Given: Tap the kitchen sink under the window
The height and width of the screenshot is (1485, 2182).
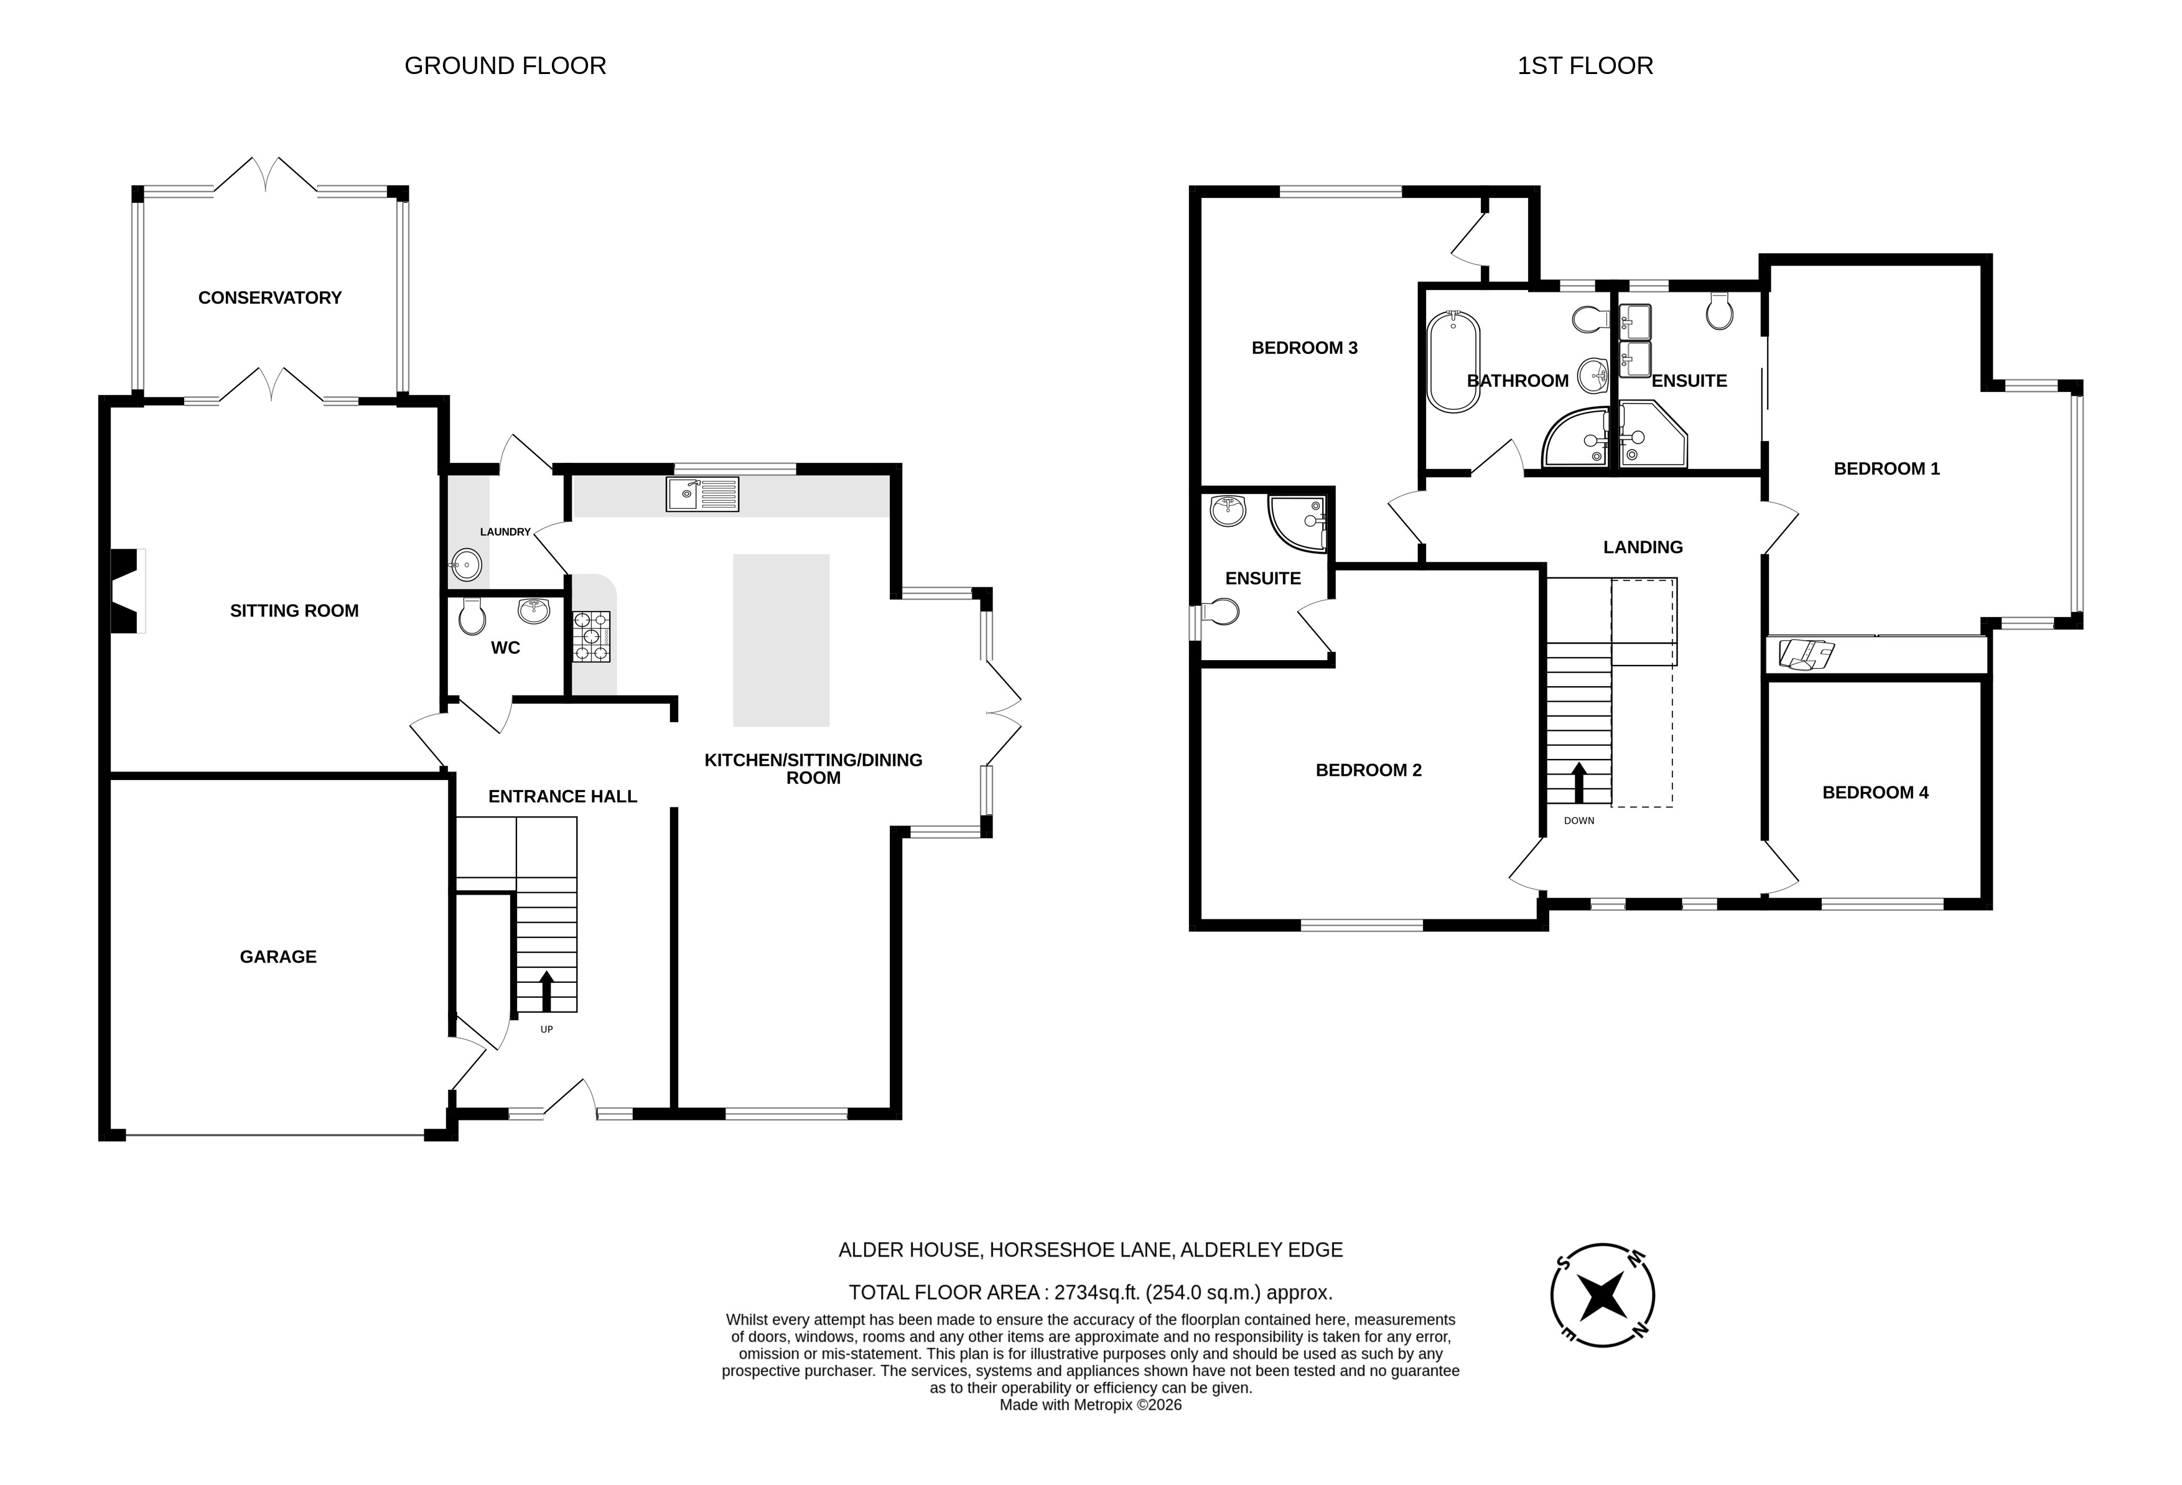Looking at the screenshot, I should click(702, 494).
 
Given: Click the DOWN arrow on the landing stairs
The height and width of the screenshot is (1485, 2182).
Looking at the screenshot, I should click(1578, 782).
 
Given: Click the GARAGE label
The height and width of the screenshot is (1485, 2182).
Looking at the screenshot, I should click(278, 957).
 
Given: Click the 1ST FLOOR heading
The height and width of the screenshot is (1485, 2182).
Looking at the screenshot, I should click(1585, 66).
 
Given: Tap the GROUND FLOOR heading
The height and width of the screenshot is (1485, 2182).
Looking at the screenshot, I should click(505, 66).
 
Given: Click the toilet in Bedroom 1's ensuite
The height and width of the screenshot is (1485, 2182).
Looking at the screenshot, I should click(1719, 312).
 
